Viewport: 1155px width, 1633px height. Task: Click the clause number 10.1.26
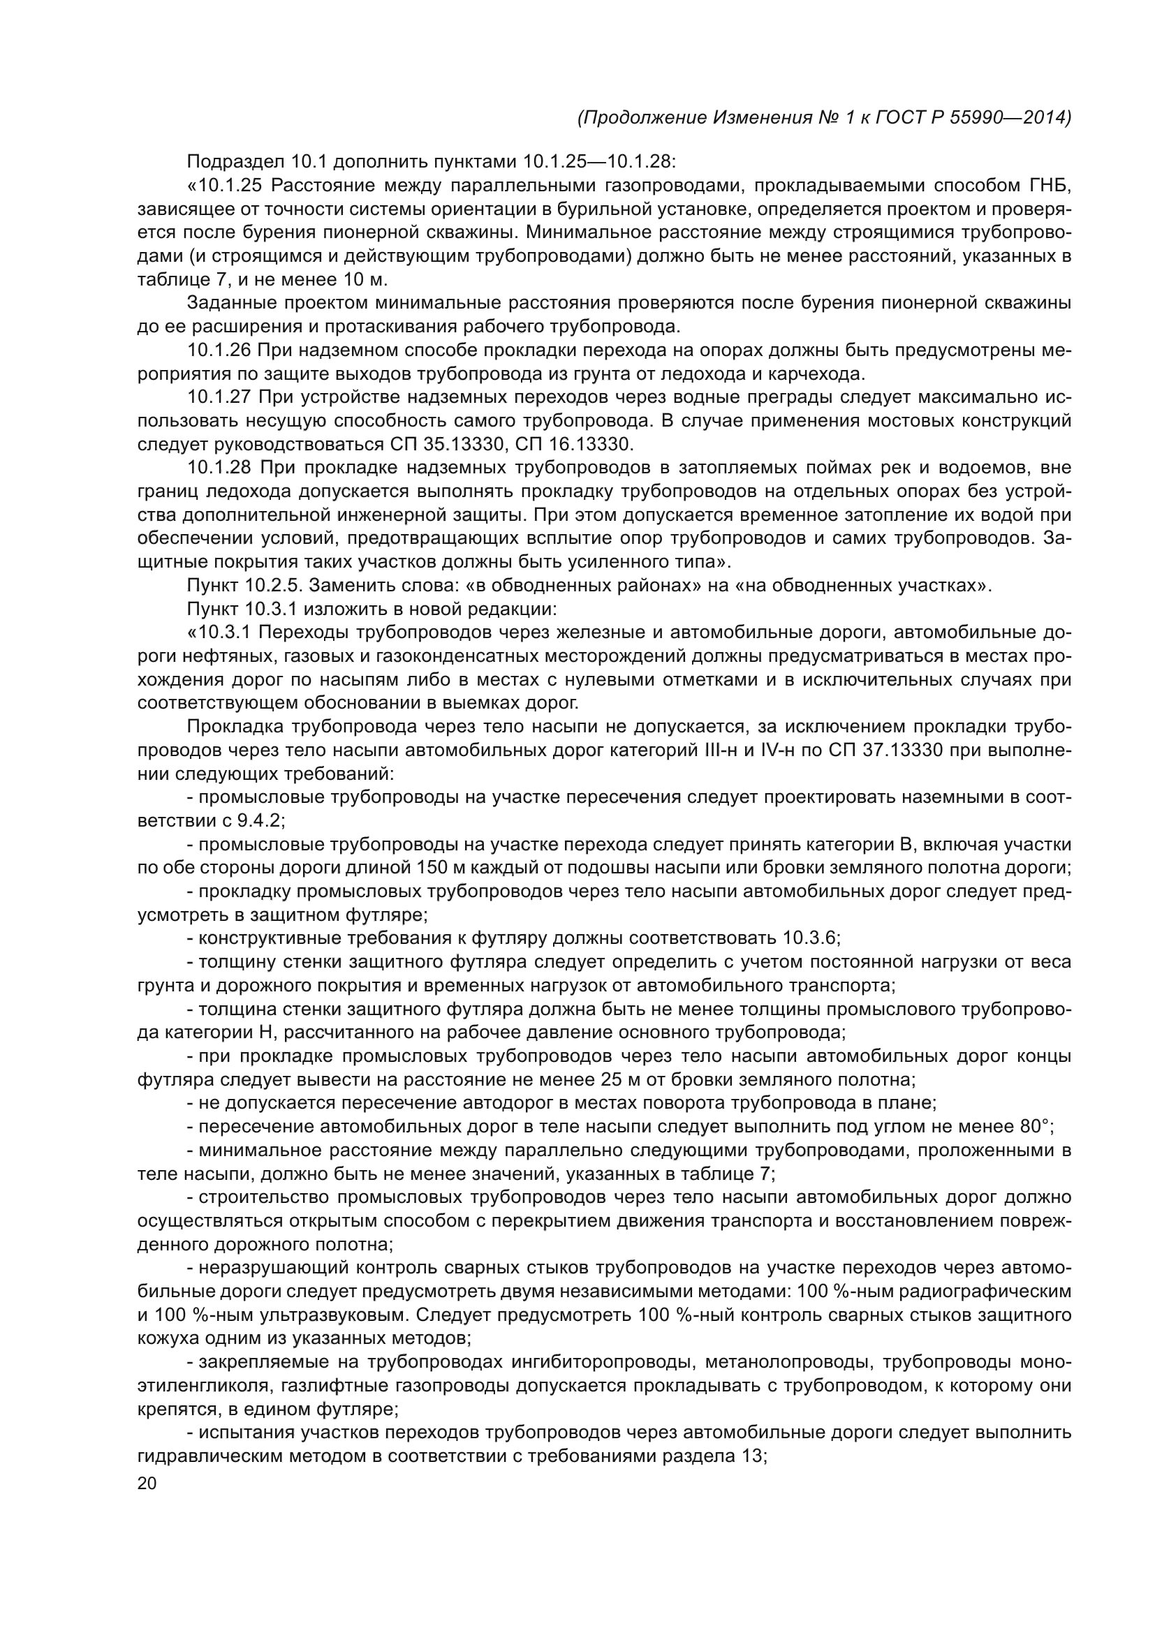click(219, 351)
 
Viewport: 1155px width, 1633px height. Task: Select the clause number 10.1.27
click(221, 398)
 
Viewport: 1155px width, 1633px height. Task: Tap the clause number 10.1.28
click(221, 468)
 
